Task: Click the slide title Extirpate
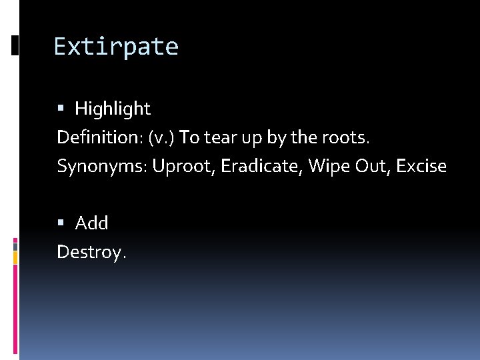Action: (116, 47)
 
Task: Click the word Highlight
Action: (113, 108)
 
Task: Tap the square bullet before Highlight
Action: (61, 108)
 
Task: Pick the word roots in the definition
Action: (346, 137)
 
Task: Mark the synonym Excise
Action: (421, 166)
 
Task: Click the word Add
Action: (92, 223)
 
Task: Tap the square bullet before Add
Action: (61, 223)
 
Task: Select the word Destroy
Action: (90, 252)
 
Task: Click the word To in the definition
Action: (190, 137)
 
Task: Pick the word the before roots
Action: (304, 137)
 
